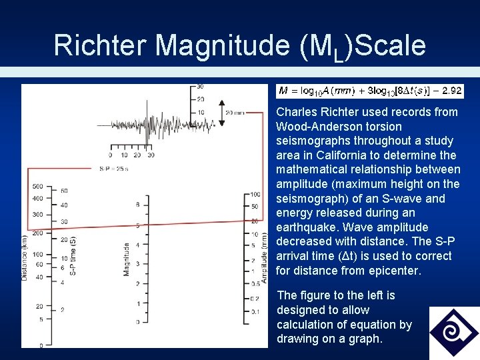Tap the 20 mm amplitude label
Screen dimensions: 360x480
coord(235,113)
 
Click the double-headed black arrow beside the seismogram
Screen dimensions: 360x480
coord(221,113)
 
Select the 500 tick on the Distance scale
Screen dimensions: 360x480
coord(37,186)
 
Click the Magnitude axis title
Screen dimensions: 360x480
coord(126,259)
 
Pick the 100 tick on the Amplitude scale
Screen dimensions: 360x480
coord(255,194)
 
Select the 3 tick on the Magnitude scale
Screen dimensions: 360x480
coord(137,264)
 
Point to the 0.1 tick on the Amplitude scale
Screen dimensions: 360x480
coord(254,311)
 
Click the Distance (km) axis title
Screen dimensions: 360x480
coord(25,253)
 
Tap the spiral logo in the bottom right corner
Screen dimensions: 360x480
coord(453,332)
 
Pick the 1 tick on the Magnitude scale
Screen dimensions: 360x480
coord(137,303)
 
